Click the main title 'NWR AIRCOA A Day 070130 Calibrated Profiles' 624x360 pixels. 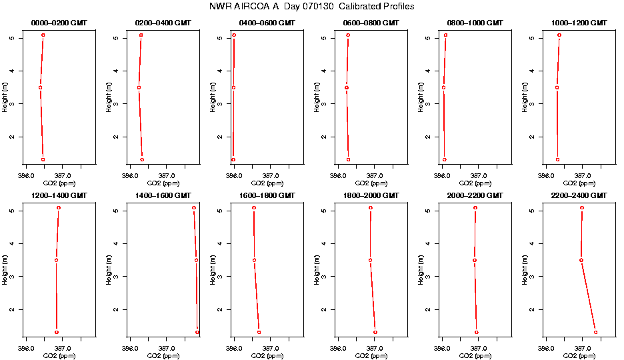[311, 7]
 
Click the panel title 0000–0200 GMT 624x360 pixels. [59, 23]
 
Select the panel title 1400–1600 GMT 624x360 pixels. [163, 195]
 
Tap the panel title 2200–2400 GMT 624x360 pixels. [579, 195]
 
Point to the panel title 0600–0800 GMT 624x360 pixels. [371, 23]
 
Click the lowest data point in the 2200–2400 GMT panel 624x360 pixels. [595, 332]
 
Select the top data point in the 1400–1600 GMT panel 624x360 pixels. [194, 208]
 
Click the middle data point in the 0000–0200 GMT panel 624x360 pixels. [40, 87]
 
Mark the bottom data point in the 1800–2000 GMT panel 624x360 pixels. [375, 332]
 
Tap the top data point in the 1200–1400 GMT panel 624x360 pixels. [59, 208]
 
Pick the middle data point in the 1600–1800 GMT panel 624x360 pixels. [254, 260]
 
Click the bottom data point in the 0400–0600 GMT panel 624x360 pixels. [233, 159]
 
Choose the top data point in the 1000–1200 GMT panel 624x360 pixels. [559, 35]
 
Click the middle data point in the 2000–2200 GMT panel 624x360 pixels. [475, 260]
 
